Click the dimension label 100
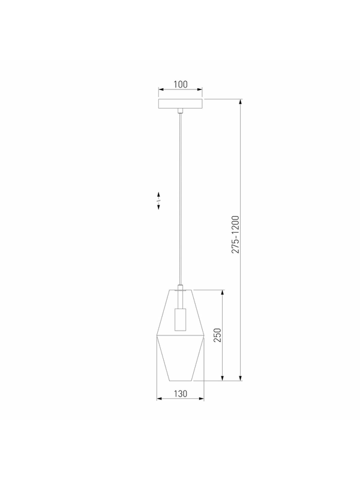point(181,84)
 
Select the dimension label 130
point(181,394)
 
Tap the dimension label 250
point(217,335)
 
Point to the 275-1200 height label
point(235,235)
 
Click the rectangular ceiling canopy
point(181,103)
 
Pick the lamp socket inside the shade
point(181,320)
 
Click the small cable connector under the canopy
point(181,110)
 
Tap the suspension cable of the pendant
point(181,199)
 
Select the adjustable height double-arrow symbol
point(158,200)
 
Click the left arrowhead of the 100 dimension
point(160,89)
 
